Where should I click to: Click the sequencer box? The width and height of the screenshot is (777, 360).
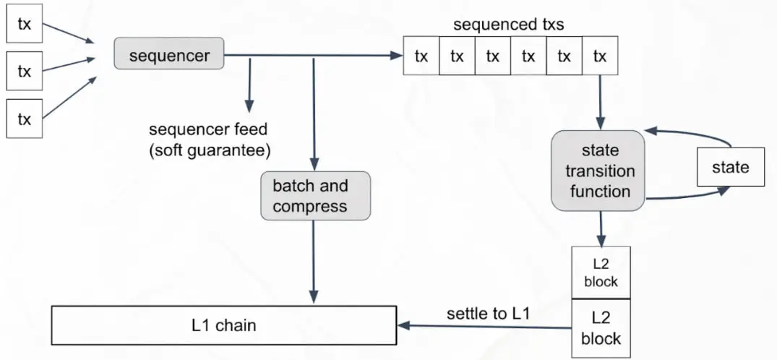pos(169,55)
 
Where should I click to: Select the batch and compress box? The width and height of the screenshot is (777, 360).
pos(315,195)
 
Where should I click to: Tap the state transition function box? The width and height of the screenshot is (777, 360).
pos(598,171)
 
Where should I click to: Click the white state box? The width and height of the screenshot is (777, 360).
pos(730,168)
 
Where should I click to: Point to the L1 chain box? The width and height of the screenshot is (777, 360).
pos(224,326)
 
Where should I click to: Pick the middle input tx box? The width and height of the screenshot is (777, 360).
pos(25,72)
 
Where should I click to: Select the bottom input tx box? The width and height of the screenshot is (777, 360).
pos(25,119)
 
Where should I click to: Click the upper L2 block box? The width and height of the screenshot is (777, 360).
pos(601,273)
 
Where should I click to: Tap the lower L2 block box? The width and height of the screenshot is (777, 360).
pos(601,327)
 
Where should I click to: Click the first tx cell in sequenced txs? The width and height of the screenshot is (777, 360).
pos(421,56)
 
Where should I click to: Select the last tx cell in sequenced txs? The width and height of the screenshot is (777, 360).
pos(599,56)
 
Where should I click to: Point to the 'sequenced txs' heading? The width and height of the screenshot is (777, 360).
pos(508,25)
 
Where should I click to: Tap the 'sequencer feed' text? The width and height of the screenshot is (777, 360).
pos(208,130)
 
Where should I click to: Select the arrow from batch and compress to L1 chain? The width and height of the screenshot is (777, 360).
pos(314,260)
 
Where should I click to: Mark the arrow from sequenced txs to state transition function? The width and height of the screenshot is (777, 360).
pos(599,101)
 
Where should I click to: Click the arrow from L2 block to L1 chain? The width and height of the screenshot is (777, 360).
pos(484,327)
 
